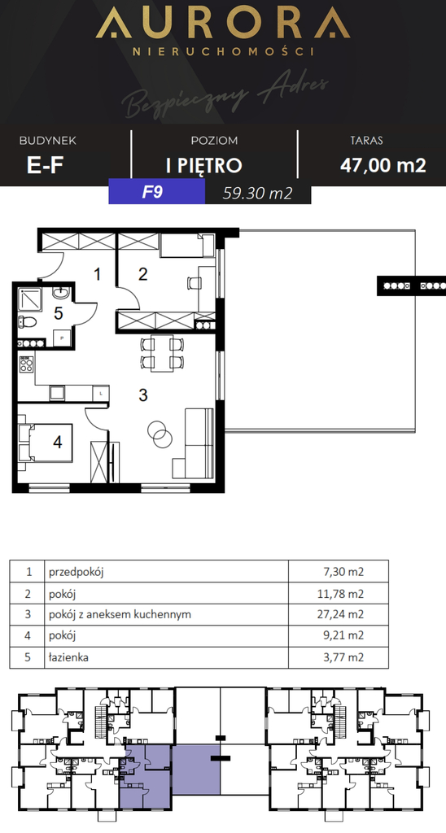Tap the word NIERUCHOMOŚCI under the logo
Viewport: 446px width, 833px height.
pyautogui.click(x=223, y=51)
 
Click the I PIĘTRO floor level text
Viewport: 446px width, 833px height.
pyautogui.click(x=203, y=165)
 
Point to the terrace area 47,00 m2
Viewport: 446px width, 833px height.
pyautogui.click(x=382, y=165)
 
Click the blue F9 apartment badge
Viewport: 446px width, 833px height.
pyautogui.click(x=156, y=193)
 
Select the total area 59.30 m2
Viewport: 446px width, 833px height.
pyautogui.click(x=257, y=193)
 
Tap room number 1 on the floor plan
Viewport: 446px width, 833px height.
pyautogui.click(x=97, y=274)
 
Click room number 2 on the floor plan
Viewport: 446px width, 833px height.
pyautogui.click(x=143, y=274)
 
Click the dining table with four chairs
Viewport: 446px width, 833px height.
pyautogui.click(x=159, y=352)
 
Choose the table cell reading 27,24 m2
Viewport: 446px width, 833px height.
pyautogui.click(x=342, y=614)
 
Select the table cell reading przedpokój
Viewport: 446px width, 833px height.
pyautogui.click(x=77, y=572)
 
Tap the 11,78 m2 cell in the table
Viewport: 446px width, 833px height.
pyautogui.click(x=343, y=593)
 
